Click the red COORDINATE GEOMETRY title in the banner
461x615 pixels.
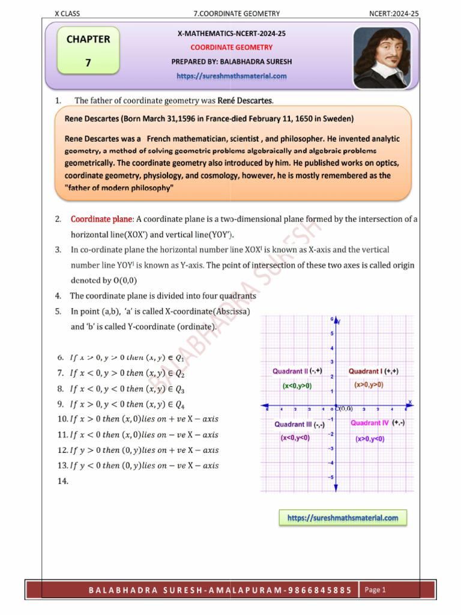(x=231, y=47)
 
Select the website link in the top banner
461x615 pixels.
(x=231, y=76)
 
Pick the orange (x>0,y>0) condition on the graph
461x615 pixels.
(x=369, y=385)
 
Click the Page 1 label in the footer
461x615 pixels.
(x=376, y=590)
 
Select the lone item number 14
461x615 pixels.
(x=63, y=481)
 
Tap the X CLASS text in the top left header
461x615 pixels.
(x=67, y=13)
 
